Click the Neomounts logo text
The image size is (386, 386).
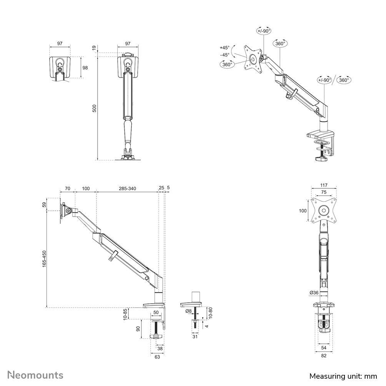pyautogui.click(x=35, y=375)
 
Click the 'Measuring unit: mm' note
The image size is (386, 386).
pyautogui.click(x=343, y=376)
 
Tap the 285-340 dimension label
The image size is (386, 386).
pyautogui.click(x=128, y=188)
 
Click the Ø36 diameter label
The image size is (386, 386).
pyautogui.click(x=313, y=293)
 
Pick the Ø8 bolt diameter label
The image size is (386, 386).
pyautogui.click(x=188, y=311)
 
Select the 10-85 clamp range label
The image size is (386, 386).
pyautogui.click(x=125, y=314)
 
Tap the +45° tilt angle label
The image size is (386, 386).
pyautogui.click(x=225, y=48)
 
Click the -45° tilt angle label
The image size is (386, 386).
pyautogui.click(x=225, y=55)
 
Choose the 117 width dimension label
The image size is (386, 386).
pyautogui.click(x=324, y=185)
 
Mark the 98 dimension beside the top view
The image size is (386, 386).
pyautogui.click(x=85, y=68)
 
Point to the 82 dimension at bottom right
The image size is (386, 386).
pyautogui.click(x=324, y=356)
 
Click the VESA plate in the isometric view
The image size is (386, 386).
pyautogui.click(x=253, y=59)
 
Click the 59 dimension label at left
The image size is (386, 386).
pyautogui.click(x=44, y=205)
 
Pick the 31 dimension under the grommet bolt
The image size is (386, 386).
pyautogui.click(x=195, y=337)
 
